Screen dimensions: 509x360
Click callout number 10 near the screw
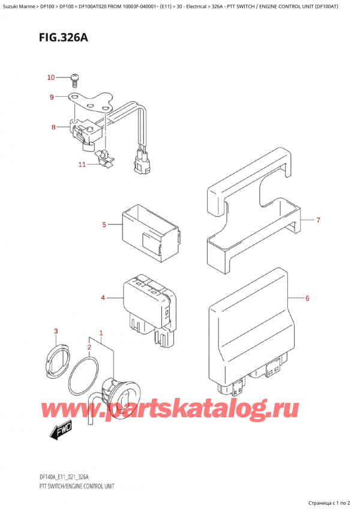coord(51,77)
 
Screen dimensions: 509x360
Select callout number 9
coord(52,97)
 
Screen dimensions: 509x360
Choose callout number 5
coord(104,225)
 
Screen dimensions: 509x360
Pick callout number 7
coord(318,220)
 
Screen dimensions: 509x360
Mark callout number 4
coord(103,297)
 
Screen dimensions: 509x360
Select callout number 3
coord(56,331)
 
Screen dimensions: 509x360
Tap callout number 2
coord(89,347)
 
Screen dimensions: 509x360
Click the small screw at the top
coord(74,77)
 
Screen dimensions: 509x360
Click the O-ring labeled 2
coord(85,378)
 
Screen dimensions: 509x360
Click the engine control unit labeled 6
coord(252,324)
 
